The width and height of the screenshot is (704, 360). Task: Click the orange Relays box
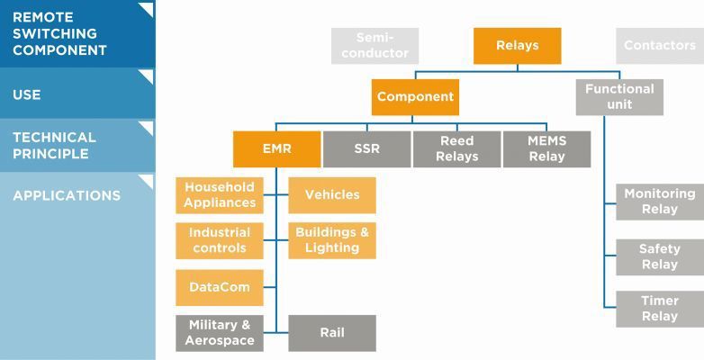click(x=517, y=46)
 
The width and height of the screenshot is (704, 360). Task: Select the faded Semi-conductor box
click(x=375, y=46)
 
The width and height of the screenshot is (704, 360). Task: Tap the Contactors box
click(x=659, y=46)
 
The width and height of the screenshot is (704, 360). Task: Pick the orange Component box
click(x=415, y=97)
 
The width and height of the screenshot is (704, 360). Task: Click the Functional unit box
click(x=619, y=97)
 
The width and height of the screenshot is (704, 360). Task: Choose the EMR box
click(x=276, y=149)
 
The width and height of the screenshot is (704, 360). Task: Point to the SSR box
click(x=366, y=149)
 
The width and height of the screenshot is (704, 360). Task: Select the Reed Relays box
click(x=456, y=149)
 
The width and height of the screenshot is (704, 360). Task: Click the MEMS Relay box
click(x=546, y=149)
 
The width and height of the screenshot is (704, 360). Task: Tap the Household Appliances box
click(x=220, y=195)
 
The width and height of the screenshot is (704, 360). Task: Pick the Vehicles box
click(x=331, y=195)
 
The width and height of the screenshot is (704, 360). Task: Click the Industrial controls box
click(x=220, y=240)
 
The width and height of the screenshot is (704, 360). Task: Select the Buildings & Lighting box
click(x=331, y=240)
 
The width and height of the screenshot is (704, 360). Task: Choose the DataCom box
click(x=220, y=288)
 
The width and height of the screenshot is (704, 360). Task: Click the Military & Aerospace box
click(x=220, y=333)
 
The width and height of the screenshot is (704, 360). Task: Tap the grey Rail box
click(x=331, y=333)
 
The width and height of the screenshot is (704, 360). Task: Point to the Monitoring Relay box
click(x=659, y=202)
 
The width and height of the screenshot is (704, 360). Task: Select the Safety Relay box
click(x=659, y=257)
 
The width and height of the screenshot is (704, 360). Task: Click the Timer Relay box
click(x=659, y=309)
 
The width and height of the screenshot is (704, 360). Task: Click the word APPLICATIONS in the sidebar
click(x=67, y=196)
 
